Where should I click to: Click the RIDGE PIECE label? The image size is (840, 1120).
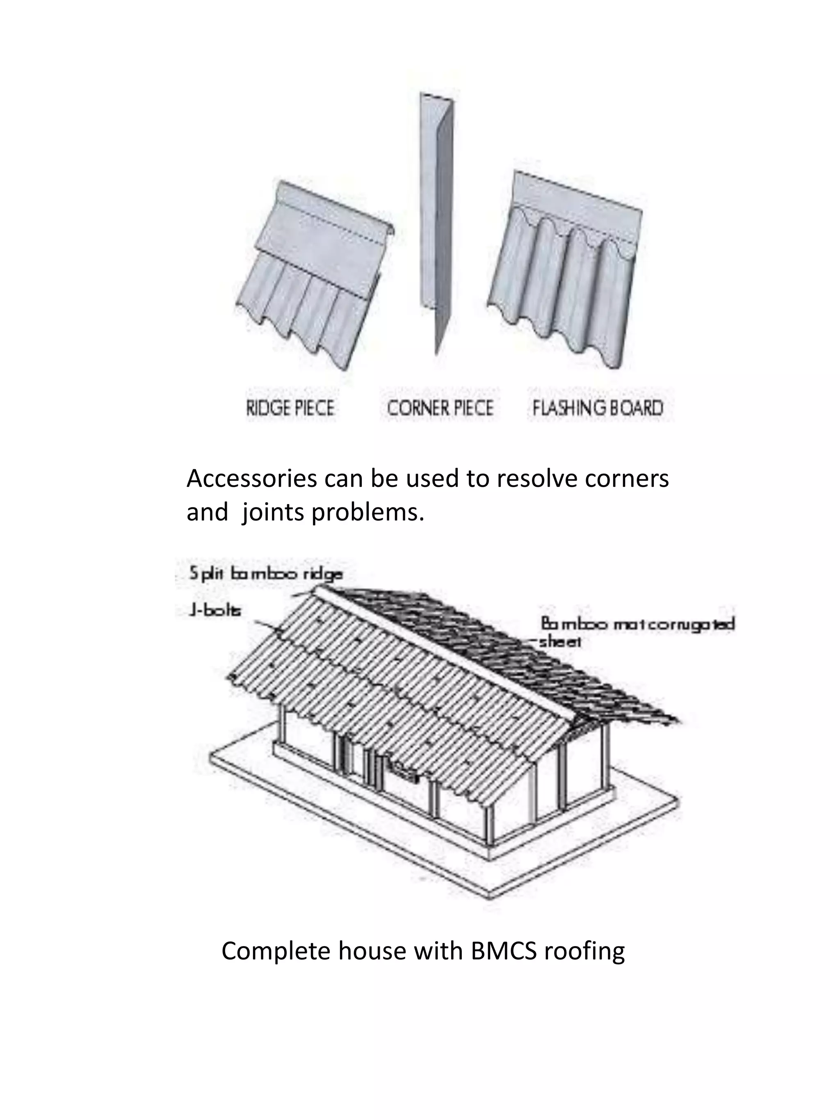click(290, 408)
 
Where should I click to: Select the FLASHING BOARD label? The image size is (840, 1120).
click(598, 408)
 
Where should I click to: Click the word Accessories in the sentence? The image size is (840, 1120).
click(251, 479)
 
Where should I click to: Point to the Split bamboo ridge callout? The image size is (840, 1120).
click(266, 574)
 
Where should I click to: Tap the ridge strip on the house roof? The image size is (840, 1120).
click(445, 653)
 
